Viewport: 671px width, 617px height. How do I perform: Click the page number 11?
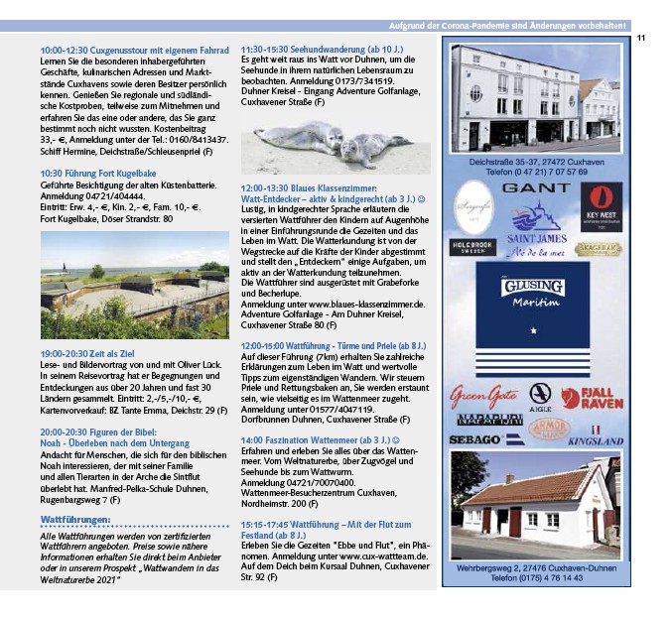tap(641, 38)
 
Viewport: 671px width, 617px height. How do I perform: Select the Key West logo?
tap(602, 205)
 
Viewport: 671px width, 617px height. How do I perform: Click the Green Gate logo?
tap(483, 398)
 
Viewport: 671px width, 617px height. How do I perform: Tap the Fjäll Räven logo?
tap(594, 398)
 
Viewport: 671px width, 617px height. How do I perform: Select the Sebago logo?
tap(474, 438)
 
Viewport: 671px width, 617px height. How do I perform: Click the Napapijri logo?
tap(487, 420)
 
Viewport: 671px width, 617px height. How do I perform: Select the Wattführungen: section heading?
tap(74, 519)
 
